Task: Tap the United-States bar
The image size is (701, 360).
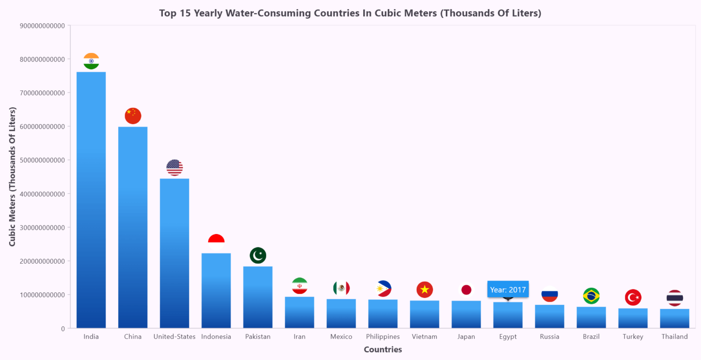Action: point(174,253)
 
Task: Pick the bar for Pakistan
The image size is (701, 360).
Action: point(258,297)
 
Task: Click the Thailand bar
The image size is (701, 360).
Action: point(675,318)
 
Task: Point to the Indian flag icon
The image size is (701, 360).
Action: point(91,61)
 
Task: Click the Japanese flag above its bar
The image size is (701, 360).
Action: point(466,290)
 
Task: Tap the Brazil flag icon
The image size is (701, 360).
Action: point(591,296)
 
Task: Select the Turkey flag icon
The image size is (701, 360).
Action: point(633,297)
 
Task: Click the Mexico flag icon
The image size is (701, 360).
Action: point(341,288)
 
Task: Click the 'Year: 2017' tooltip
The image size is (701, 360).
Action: point(507,289)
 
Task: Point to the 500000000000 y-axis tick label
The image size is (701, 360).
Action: point(42,160)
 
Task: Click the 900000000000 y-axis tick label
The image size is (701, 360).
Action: point(42,26)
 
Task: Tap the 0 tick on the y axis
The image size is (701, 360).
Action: point(63,329)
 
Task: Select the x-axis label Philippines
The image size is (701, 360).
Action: point(382,337)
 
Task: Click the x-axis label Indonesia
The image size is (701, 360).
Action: point(216,337)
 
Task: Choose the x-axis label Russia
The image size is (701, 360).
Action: point(549,337)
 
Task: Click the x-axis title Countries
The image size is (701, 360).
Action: point(382,350)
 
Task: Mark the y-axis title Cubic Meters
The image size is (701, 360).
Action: point(12,177)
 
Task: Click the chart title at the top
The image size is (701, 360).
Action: point(350,13)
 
